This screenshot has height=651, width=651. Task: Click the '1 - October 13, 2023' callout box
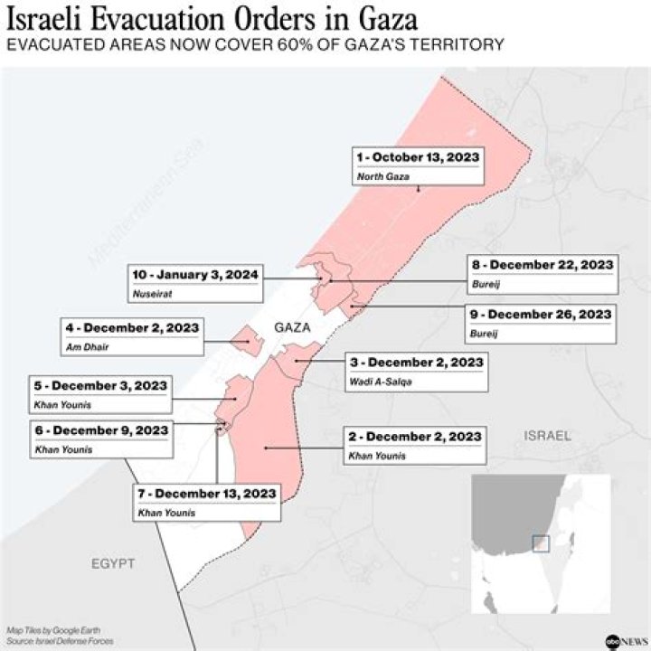point(417,166)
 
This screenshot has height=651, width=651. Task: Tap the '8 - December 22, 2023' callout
point(542,273)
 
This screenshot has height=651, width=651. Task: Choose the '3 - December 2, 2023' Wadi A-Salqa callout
point(416,372)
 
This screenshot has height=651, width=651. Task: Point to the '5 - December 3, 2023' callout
point(99,394)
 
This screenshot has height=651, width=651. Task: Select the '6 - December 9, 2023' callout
point(100,439)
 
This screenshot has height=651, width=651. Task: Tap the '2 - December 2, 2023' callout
point(415,446)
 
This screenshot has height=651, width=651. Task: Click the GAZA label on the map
point(292,327)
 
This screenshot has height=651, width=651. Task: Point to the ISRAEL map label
point(547,436)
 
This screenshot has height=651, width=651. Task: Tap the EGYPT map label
point(112,563)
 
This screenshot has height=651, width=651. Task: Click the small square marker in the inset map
point(541,542)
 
